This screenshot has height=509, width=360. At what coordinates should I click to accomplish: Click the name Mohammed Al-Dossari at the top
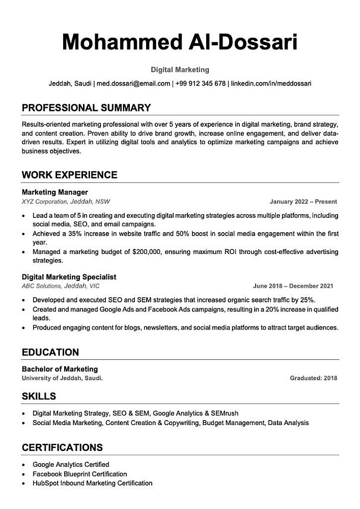[x=180, y=42]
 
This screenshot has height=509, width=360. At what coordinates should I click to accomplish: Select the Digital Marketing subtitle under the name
[x=180, y=70]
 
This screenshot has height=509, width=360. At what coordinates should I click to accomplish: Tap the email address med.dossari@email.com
[x=133, y=83]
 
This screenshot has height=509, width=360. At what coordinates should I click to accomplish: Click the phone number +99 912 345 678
[x=200, y=83]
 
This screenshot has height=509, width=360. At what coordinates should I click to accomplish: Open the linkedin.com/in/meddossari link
[x=271, y=83]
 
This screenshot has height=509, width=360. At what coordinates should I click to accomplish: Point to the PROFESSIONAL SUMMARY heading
[x=86, y=108]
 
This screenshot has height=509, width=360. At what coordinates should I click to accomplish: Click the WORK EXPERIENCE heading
[x=69, y=175]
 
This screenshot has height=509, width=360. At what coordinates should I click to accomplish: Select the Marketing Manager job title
[x=55, y=192]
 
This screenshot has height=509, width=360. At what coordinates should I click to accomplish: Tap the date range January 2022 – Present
[x=303, y=202]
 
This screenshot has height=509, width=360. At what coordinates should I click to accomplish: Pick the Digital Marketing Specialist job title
[x=69, y=277]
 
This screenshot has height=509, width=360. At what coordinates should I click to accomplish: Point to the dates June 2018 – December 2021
[x=293, y=286]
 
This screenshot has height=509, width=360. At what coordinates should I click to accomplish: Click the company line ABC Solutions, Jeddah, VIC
[x=61, y=286]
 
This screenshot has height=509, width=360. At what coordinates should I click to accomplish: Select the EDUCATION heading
[x=50, y=352]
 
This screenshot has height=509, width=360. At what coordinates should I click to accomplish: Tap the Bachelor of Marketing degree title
[x=60, y=369]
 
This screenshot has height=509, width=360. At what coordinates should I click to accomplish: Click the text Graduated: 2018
[x=313, y=378]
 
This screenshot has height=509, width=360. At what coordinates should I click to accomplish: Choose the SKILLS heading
[x=39, y=396]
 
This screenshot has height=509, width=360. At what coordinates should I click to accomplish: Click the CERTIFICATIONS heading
[x=62, y=447]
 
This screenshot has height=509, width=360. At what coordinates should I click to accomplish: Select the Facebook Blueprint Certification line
[x=79, y=474]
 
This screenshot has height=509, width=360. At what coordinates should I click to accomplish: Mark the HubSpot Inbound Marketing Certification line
[x=92, y=483]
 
